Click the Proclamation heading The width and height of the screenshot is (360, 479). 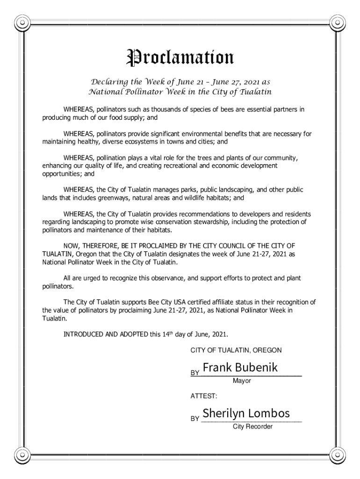pos(180,58)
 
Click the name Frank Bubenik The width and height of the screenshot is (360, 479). pos(240,368)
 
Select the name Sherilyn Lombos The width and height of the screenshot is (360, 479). pos(246,414)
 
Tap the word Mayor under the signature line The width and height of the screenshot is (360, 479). pos(242,381)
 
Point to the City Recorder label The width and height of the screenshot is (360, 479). pos(252,427)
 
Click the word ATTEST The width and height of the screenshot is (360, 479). pos(203,396)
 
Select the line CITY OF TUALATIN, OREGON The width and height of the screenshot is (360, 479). pos(236,350)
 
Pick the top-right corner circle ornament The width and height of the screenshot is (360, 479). pos(338,22)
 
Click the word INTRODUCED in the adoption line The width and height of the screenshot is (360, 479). pos(84,334)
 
